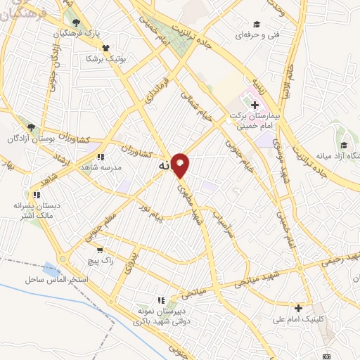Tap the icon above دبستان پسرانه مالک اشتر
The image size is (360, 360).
tap(36, 193)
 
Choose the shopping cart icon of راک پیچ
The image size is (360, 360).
tap(101, 249)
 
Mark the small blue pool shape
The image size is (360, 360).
tap(51, 269)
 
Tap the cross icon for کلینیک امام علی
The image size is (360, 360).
tap(299, 307)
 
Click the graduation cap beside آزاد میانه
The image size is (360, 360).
tap(343, 144)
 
